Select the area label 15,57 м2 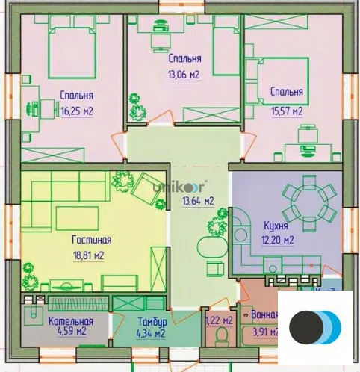[286, 111]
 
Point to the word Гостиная [92, 240]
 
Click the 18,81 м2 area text [88, 255]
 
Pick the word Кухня [276, 225]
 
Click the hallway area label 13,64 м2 [199, 201]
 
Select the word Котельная [71, 321]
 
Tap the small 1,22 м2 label [220, 320]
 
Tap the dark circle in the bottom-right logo [305, 327]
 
